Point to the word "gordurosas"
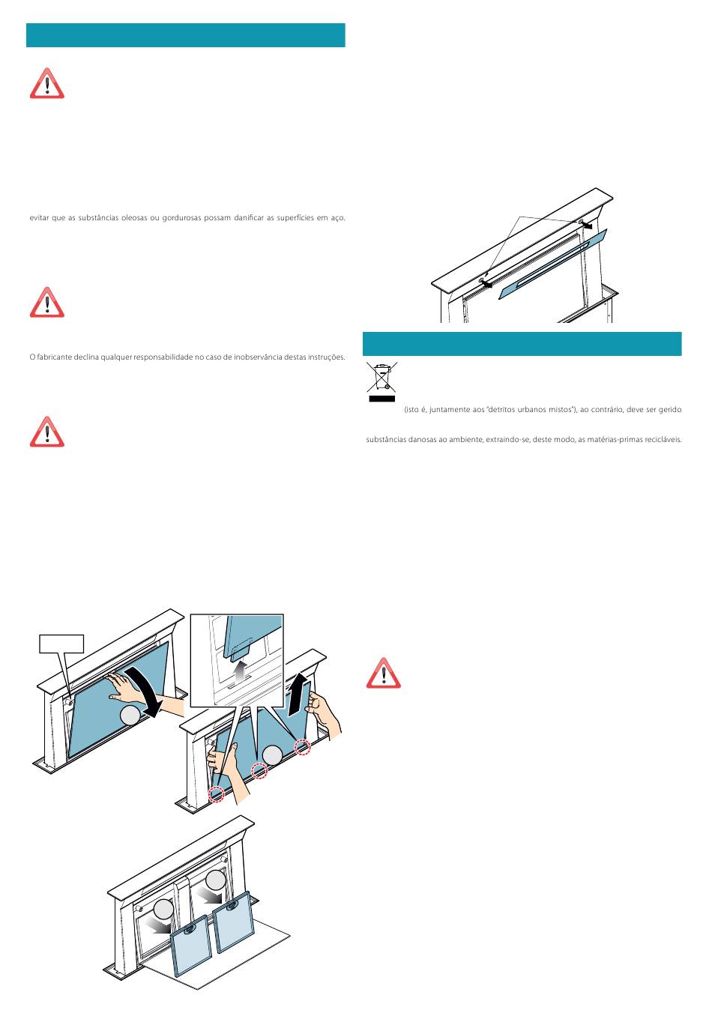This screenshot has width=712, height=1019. click(x=182, y=218)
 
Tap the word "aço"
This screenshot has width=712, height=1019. click(x=338, y=218)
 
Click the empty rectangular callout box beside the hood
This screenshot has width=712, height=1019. click(x=61, y=644)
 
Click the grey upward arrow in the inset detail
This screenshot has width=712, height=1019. click(x=240, y=671)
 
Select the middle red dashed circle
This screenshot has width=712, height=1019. click(x=259, y=770)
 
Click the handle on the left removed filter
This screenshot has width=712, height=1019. click(x=190, y=929)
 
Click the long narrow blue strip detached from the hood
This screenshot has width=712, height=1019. click(x=553, y=264)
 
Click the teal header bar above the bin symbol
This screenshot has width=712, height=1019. click(x=522, y=344)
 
